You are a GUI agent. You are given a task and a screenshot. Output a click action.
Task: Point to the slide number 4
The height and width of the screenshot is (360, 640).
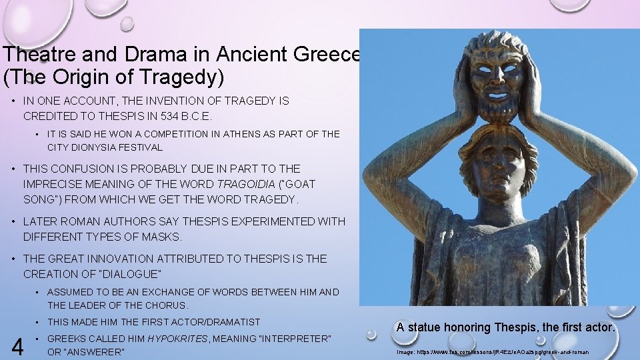18,347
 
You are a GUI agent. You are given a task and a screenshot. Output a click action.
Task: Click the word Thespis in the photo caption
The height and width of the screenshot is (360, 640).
518,327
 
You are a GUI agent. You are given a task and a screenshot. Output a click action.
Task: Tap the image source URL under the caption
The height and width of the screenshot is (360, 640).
493,351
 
